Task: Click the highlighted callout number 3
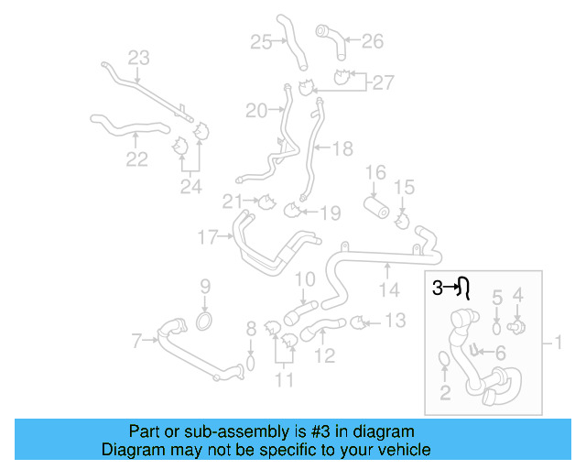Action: (438, 288)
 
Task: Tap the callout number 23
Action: (138, 59)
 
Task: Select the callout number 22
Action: (136, 159)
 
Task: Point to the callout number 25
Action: (261, 41)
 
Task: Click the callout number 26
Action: (372, 40)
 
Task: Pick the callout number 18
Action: (342, 148)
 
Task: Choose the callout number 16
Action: (376, 172)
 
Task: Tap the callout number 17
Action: (208, 238)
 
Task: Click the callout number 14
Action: (390, 290)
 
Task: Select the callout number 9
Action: (205, 286)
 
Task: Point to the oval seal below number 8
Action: (248, 366)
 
